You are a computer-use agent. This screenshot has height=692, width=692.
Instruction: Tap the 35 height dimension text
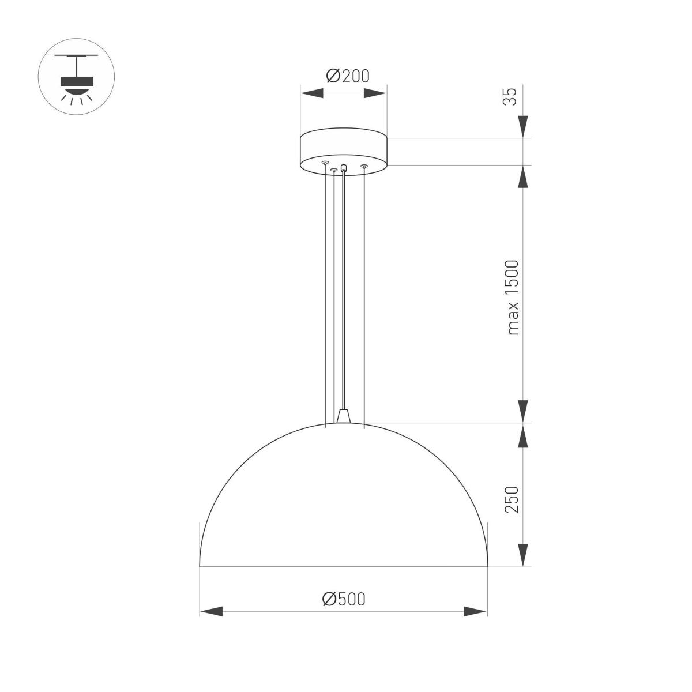510,96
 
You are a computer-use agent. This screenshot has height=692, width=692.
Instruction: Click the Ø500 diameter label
344,599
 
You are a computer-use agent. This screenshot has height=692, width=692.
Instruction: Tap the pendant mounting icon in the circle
76,77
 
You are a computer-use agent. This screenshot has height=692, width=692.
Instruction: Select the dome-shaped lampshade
344,507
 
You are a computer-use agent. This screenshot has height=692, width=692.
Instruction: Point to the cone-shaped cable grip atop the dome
344,416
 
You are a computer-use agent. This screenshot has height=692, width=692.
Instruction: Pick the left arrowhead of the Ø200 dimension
311,93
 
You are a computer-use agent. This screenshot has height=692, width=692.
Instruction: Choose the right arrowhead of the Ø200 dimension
375,93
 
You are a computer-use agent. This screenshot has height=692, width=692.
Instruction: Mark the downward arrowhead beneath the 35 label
523,127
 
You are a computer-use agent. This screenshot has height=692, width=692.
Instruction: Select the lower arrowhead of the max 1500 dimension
523,411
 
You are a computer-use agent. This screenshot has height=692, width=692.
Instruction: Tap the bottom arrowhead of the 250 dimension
523,555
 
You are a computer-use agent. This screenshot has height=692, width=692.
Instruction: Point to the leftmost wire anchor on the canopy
325,163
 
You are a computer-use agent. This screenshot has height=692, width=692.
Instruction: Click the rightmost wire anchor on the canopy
364,167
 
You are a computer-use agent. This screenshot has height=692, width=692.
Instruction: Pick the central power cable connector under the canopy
344,168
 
